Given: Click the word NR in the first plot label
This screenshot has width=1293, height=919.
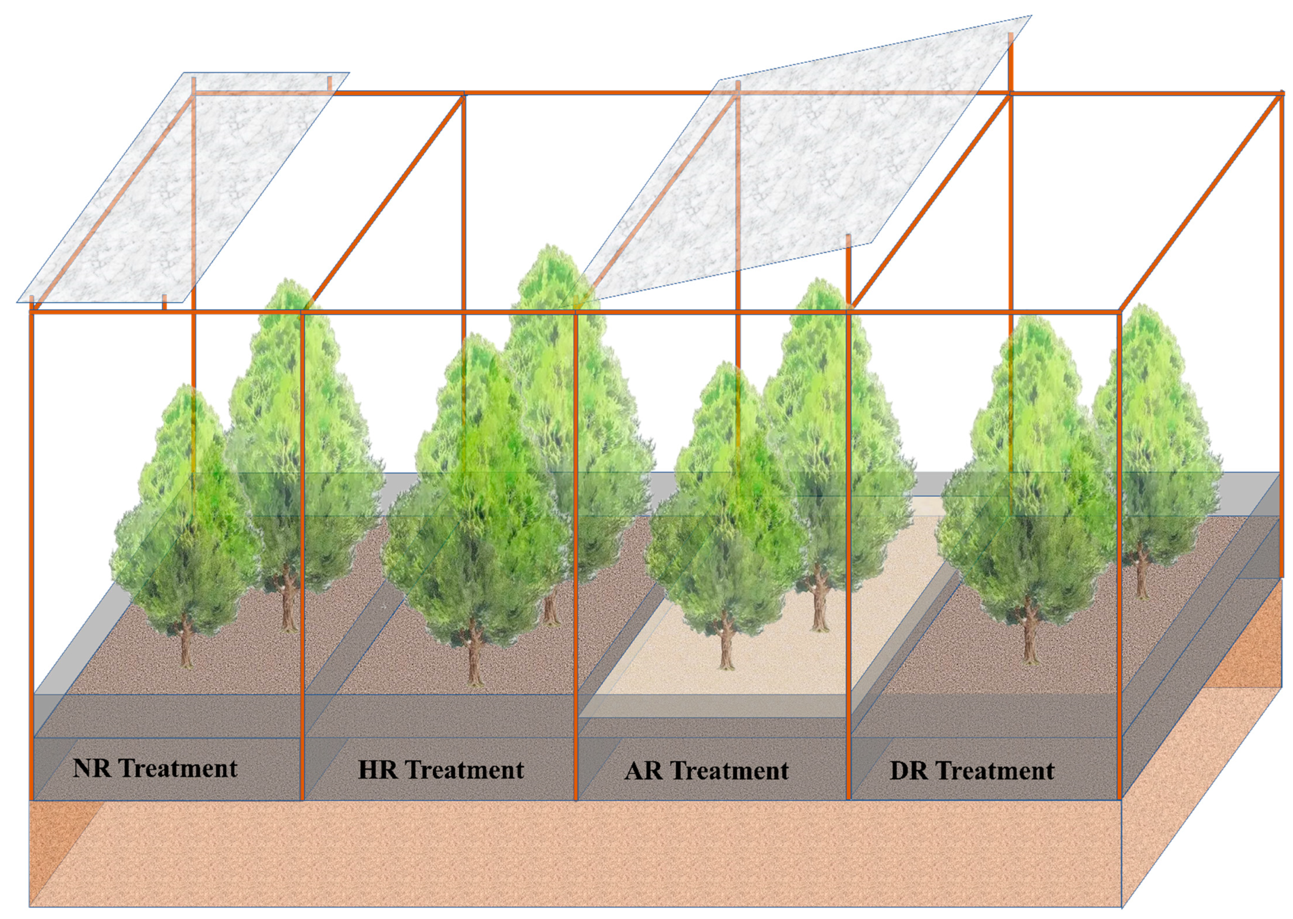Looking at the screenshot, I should point(92,769).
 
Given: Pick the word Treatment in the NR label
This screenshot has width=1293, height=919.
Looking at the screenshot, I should point(178,769).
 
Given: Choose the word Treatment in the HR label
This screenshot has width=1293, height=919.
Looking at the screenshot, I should point(465,770).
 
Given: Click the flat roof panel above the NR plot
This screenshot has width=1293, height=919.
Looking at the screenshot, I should point(181,187).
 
